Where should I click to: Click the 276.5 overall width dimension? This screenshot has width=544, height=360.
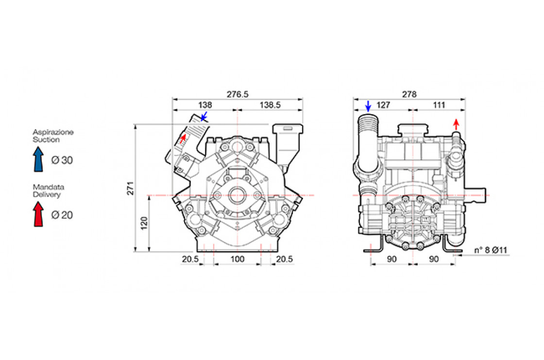tap(238, 94)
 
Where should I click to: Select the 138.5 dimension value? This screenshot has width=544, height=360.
tap(270, 105)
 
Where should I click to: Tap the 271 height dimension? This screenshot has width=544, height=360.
tap(130, 188)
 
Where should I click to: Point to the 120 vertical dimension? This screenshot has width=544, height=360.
tap(144, 223)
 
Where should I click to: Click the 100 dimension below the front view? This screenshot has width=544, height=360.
tap(238, 259)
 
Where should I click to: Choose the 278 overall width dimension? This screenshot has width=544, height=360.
tap(409, 94)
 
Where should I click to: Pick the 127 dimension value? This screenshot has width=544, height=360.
tap(383, 105)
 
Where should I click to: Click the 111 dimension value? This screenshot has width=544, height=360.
tap(439, 105)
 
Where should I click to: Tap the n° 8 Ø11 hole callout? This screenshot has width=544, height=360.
tap(491, 250)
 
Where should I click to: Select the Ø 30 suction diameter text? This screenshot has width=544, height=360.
tap(62, 160)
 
